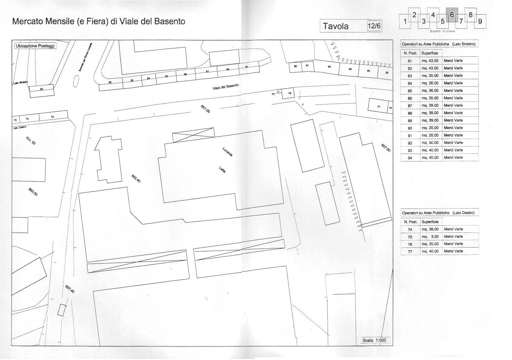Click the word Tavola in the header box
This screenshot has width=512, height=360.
336,26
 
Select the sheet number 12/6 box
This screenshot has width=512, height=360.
374,26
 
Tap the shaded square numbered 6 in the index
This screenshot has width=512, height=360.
452,15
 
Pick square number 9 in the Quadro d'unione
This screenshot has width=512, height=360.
480,21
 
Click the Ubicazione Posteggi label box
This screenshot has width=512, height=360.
35,46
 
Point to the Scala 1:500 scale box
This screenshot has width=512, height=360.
374,340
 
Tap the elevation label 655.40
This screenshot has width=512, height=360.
136,178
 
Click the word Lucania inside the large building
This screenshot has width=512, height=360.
227,151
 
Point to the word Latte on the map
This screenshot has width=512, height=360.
222,170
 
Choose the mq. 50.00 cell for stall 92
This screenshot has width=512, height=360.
430,143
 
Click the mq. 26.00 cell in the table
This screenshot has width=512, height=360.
430,83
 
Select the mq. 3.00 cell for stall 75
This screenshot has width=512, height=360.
430,237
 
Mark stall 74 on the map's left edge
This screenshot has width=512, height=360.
52,117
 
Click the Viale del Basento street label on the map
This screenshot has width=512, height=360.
225,87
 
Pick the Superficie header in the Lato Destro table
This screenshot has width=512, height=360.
430,222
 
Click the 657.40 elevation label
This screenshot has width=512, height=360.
70,289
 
